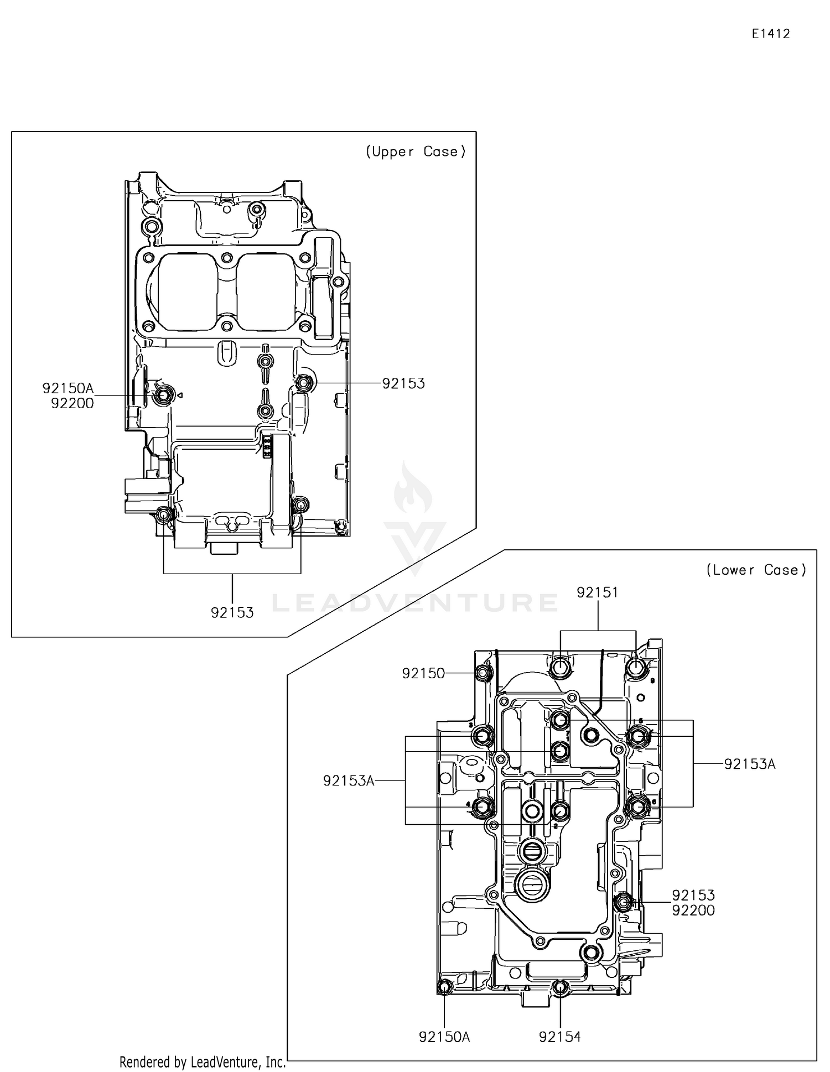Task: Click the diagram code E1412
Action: pyautogui.click(x=770, y=34)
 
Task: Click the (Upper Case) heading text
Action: pyautogui.click(x=416, y=152)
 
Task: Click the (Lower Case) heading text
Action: pyautogui.click(x=756, y=570)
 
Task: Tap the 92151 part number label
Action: pyautogui.click(x=597, y=592)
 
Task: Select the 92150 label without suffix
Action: pyautogui.click(x=423, y=673)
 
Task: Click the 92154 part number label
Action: pyautogui.click(x=560, y=1037)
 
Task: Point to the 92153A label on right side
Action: pyautogui.click(x=750, y=764)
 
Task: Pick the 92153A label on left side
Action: pyautogui.click(x=349, y=780)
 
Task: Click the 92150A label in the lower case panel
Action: pyautogui.click(x=444, y=1037)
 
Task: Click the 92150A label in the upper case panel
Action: pyautogui.click(x=68, y=388)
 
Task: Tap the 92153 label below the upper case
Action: pyautogui.click(x=232, y=613)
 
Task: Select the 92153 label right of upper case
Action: pyautogui.click(x=403, y=383)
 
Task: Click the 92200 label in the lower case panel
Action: pyautogui.click(x=693, y=910)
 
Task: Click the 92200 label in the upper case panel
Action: pyautogui.click(x=72, y=404)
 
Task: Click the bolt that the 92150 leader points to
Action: pyautogui.click(x=483, y=673)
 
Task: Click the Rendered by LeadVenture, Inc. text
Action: pyautogui.click(x=203, y=1062)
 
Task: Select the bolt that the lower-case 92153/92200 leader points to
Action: pyautogui.click(x=623, y=902)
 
